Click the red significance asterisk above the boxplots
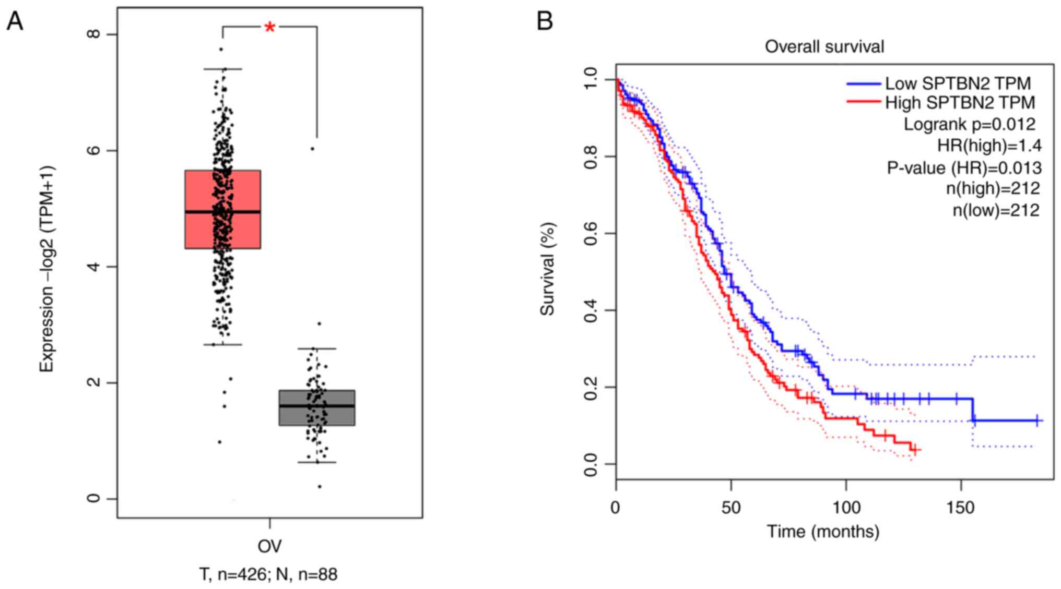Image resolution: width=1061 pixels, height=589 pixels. (x=269, y=28)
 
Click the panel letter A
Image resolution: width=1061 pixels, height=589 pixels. (x=15, y=21)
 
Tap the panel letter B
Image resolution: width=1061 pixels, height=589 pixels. (x=545, y=21)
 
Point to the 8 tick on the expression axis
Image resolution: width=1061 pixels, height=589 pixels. (x=94, y=34)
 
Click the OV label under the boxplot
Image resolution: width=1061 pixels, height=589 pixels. (x=269, y=546)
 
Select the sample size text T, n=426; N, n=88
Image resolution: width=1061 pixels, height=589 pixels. (x=268, y=574)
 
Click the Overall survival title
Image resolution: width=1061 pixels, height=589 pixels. (x=824, y=47)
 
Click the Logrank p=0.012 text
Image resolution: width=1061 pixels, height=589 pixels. (x=969, y=124)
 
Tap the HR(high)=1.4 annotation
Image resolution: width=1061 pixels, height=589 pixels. (x=989, y=146)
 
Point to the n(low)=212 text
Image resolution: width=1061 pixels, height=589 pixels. (x=996, y=210)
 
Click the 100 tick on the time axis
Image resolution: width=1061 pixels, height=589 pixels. (x=846, y=507)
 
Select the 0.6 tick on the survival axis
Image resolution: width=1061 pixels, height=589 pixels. (x=591, y=233)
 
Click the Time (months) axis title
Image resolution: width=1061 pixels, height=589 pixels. (x=823, y=532)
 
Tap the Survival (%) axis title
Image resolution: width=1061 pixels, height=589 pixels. (x=547, y=269)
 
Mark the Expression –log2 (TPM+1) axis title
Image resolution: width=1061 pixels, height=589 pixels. (x=47, y=269)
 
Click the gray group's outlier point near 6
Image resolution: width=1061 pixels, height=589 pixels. (x=312, y=149)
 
